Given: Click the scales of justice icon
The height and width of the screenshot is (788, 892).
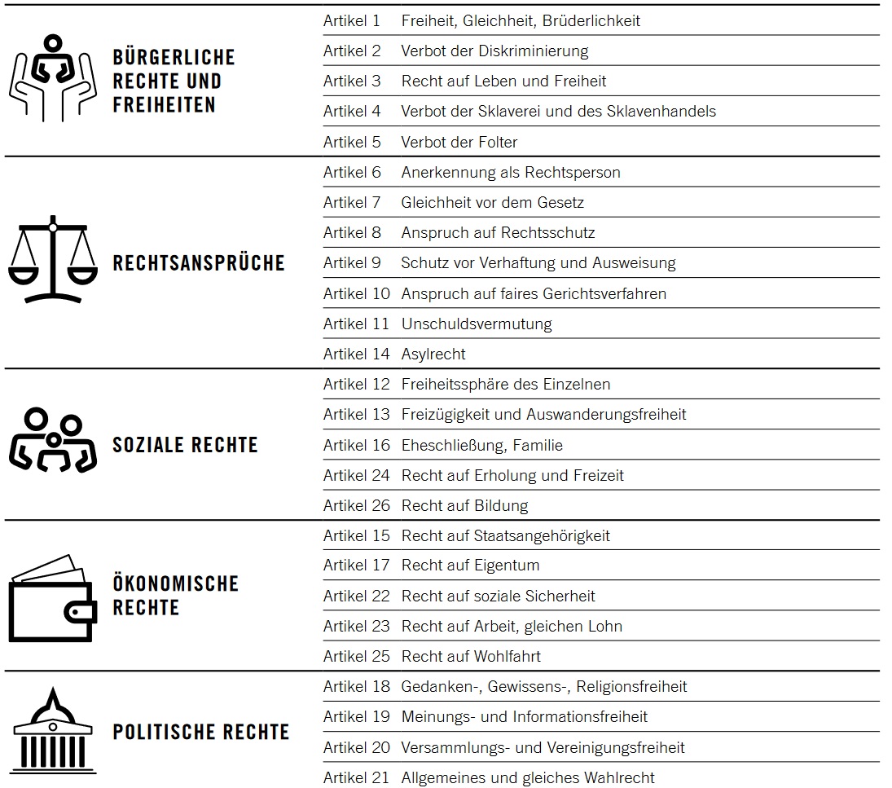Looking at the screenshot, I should click(x=53, y=259).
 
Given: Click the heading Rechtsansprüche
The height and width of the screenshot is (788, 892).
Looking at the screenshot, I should click(x=199, y=263).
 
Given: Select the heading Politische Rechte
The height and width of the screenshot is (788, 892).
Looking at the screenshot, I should click(x=200, y=732).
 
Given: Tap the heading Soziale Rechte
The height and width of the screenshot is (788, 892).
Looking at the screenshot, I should click(x=185, y=445).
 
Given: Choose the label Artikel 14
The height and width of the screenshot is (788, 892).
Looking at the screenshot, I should click(x=357, y=354).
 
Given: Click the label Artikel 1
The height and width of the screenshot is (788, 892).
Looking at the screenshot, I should click(x=352, y=20).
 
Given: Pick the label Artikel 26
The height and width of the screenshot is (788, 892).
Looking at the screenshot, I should click(x=357, y=505).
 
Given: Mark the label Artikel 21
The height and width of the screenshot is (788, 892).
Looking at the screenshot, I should click(x=357, y=777).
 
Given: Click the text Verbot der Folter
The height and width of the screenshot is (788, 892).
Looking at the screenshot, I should click(x=459, y=142).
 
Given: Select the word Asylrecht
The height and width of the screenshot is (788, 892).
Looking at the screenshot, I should click(x=433, y=354).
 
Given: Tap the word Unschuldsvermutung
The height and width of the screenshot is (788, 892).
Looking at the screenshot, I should click(x=477, y=324).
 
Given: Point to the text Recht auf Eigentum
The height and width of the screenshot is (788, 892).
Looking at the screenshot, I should click(x=470, y=565).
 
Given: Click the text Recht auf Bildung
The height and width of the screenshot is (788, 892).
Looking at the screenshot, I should click(x=464, y=505).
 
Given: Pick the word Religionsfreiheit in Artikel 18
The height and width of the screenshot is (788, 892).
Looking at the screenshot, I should click(x=631, y=686).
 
